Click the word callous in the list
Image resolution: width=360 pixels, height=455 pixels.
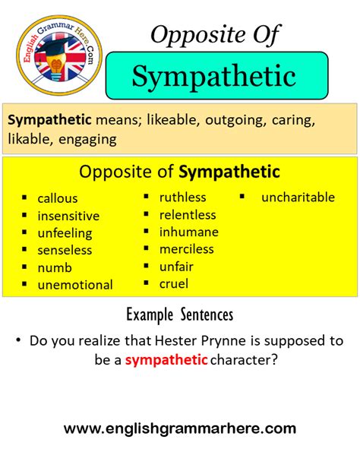coord(58,198)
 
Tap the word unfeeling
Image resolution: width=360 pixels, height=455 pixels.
coord(65,233)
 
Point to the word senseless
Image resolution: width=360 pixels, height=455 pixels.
coord(65,250)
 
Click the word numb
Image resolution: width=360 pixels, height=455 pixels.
coord(55,267)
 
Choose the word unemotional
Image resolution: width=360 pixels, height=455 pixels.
coord(75,285)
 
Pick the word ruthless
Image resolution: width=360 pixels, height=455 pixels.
coord(182,197)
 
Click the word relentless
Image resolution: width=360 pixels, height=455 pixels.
coord(188,215)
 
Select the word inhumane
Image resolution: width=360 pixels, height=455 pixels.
coord(188,232)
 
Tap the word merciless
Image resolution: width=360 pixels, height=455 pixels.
coord(187,249)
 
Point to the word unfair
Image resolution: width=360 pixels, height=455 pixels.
coord(177,267)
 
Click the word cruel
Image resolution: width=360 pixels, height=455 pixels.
coord(174,283)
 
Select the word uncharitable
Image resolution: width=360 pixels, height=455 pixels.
coord(298,197)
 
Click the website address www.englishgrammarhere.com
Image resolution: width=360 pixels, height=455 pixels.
coord(180,428)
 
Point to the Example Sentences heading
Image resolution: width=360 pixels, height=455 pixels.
coord(180,314)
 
